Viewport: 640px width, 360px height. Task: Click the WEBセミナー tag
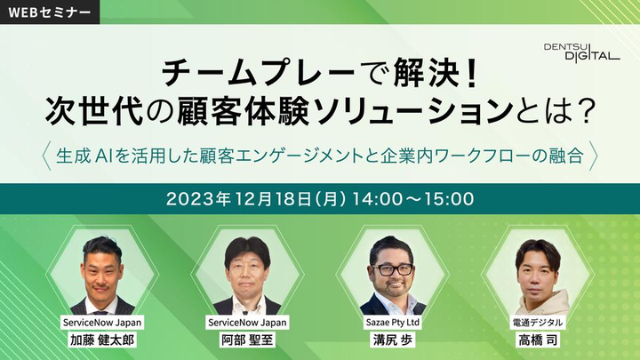[x=50, y=12]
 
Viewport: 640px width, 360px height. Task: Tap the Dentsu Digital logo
[x=581, y=52]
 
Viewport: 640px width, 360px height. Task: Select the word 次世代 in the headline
[x=95, y=111]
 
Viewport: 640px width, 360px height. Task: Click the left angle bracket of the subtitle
[x=46, y=156]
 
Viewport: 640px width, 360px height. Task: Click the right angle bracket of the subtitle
[x=594, y=156]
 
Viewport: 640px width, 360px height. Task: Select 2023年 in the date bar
[x=197, y=199]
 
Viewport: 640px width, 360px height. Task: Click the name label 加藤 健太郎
[x=102, y=340]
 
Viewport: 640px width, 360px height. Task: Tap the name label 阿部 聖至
[x=247, y=340]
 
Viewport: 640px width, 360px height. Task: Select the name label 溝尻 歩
[x=393, y=340]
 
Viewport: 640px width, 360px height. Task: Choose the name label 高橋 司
[x=538, y=340]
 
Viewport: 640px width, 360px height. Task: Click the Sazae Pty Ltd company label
[x=393, y=322]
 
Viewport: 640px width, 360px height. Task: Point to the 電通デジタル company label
[x=538, y=322]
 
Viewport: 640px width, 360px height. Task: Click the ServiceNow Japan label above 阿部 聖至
[x=247, y=322]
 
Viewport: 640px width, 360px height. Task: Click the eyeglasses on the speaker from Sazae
[x=392, y=269]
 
